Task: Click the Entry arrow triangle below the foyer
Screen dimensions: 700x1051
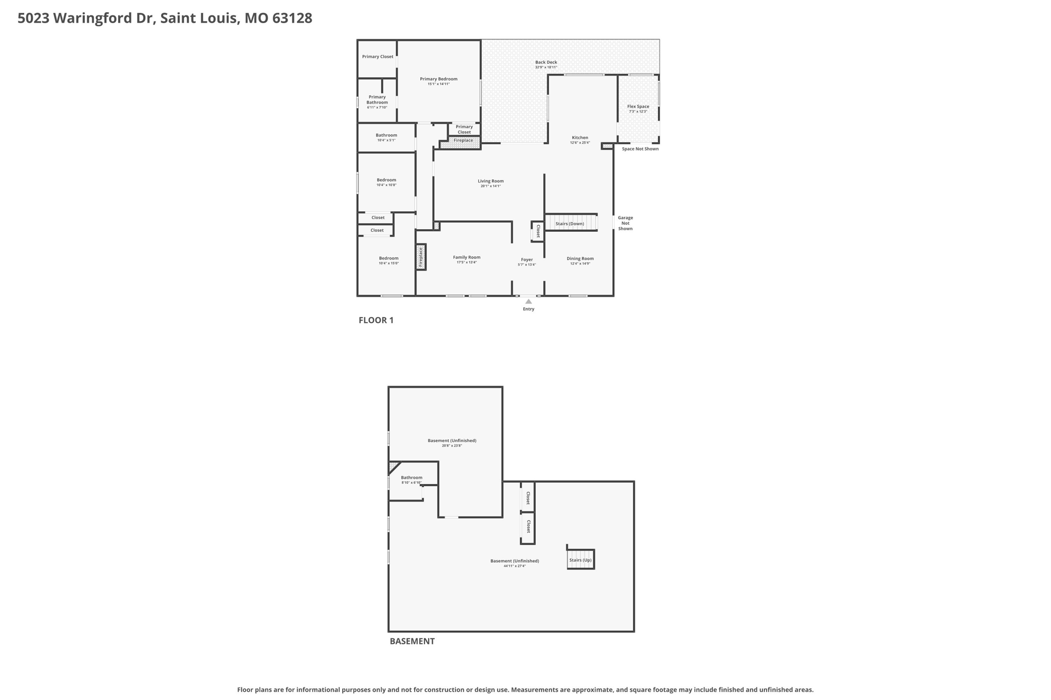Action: pos(528,302)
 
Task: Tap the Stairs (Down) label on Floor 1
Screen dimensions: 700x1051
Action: pos(570,224)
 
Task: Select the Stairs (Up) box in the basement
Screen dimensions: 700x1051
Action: pos(580,560)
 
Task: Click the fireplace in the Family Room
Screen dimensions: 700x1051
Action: pos(421,257)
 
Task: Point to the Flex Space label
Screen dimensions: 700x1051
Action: pos(638,107)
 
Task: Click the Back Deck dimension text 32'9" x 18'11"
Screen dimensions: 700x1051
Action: pos(546,67)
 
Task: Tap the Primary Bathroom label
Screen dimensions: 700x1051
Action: pos(377,99)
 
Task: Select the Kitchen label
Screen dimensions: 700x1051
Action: pos(580,137)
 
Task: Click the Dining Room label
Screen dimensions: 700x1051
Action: pos(580,258)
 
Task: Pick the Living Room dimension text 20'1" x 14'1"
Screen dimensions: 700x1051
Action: pos(491,186)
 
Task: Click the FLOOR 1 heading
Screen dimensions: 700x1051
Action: pos(376,320)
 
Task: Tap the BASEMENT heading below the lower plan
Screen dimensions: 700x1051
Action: pos(412,641)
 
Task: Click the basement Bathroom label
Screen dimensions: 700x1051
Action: pos(412,477)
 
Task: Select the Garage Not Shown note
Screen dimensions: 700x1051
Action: pos(625,223)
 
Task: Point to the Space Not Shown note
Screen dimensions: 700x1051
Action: pos(640,149)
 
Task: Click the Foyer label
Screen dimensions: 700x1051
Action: pos(527,259)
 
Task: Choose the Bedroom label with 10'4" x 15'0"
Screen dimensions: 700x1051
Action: pos(388,258)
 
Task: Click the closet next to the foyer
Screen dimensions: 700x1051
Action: pos(538,231)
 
